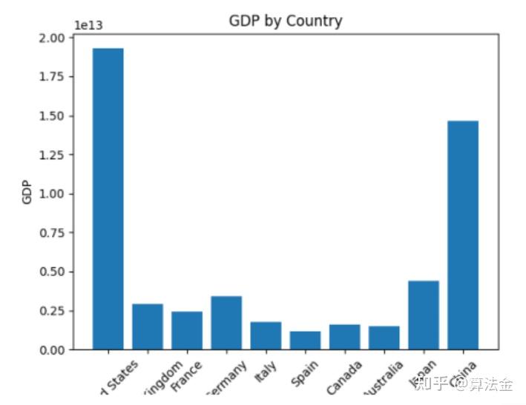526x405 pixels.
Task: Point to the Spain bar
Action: (305, 340)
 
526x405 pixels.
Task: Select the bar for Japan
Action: (424, 315)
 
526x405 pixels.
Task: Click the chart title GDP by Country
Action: (286, 21)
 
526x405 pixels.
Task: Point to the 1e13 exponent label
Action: (88, 26)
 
